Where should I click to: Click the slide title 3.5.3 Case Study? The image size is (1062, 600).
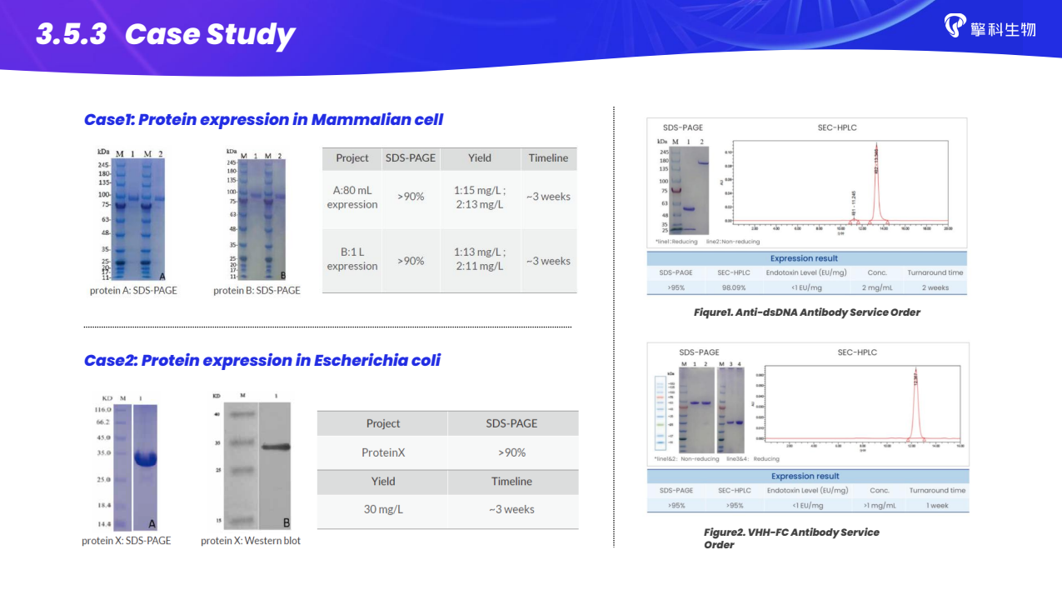(165, 34)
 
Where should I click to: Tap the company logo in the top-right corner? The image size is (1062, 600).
(990, 27)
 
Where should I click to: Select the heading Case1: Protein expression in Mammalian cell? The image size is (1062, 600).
(263, 119)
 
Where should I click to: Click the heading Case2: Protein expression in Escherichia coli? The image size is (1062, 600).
(262, 360)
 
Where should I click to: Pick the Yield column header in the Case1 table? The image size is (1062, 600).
(479, 157)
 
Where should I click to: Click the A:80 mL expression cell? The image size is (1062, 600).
(352, 197)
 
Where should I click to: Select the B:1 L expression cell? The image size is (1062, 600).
(352, 259)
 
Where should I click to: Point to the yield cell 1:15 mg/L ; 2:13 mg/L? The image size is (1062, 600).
(479, 197)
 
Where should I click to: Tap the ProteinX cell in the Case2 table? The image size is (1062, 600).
(382, 452)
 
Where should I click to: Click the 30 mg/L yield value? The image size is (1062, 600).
(382, 508)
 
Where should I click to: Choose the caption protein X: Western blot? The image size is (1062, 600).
(250, 541)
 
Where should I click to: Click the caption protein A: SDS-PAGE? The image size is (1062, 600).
(133, 291)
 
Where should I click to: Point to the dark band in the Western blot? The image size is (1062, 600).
(274, 447)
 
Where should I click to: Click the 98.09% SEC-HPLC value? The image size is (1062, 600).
(734, 287)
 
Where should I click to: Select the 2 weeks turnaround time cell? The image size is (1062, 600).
(935, 287)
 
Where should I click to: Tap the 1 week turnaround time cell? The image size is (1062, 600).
(937, 505)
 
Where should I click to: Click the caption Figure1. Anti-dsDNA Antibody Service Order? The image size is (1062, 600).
(806, 312)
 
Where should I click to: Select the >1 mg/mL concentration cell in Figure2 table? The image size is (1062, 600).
(879, 505)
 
